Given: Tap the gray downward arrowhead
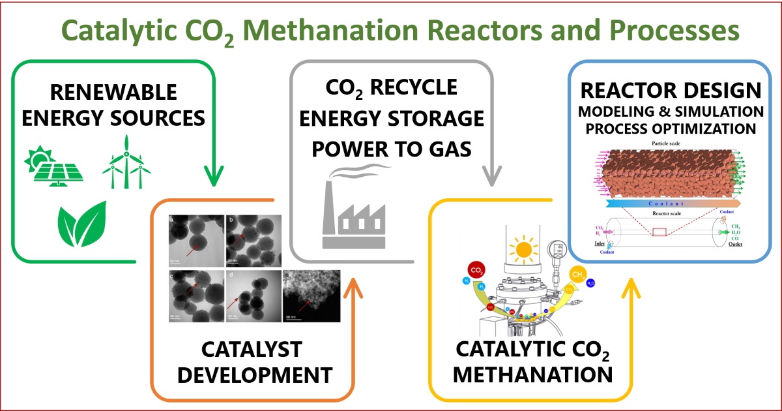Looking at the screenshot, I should [492, 176].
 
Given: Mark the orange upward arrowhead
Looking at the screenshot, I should [355, 287].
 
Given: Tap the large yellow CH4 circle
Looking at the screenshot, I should [579, 275].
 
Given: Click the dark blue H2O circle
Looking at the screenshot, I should [590, 284].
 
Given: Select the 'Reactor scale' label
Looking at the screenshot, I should [670, 213].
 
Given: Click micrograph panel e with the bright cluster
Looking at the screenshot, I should [311, 297].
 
